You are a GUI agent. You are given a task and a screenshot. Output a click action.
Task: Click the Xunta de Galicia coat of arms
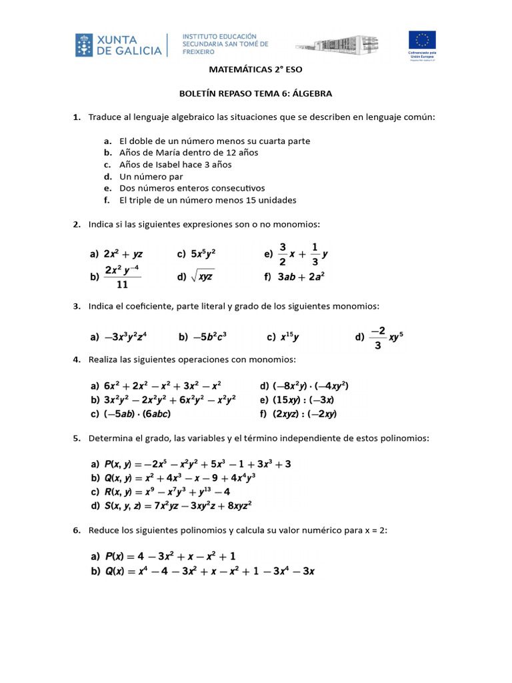point(85,44)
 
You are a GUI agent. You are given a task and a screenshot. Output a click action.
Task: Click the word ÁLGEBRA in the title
point(311,93)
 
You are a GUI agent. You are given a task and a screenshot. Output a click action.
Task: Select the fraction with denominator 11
point(122,277)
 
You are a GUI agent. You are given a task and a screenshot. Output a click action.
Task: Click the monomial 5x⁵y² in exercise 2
point(203,254)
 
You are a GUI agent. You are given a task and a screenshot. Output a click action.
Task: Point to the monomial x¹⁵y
point(288,337)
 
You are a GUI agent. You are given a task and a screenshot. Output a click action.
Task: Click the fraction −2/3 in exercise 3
point(378,337)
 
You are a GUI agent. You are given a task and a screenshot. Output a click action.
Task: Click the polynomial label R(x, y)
point(117,492)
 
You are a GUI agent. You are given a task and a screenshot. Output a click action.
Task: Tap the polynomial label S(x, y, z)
point(122,505)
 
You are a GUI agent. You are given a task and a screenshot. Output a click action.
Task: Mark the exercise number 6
point(77,531)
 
